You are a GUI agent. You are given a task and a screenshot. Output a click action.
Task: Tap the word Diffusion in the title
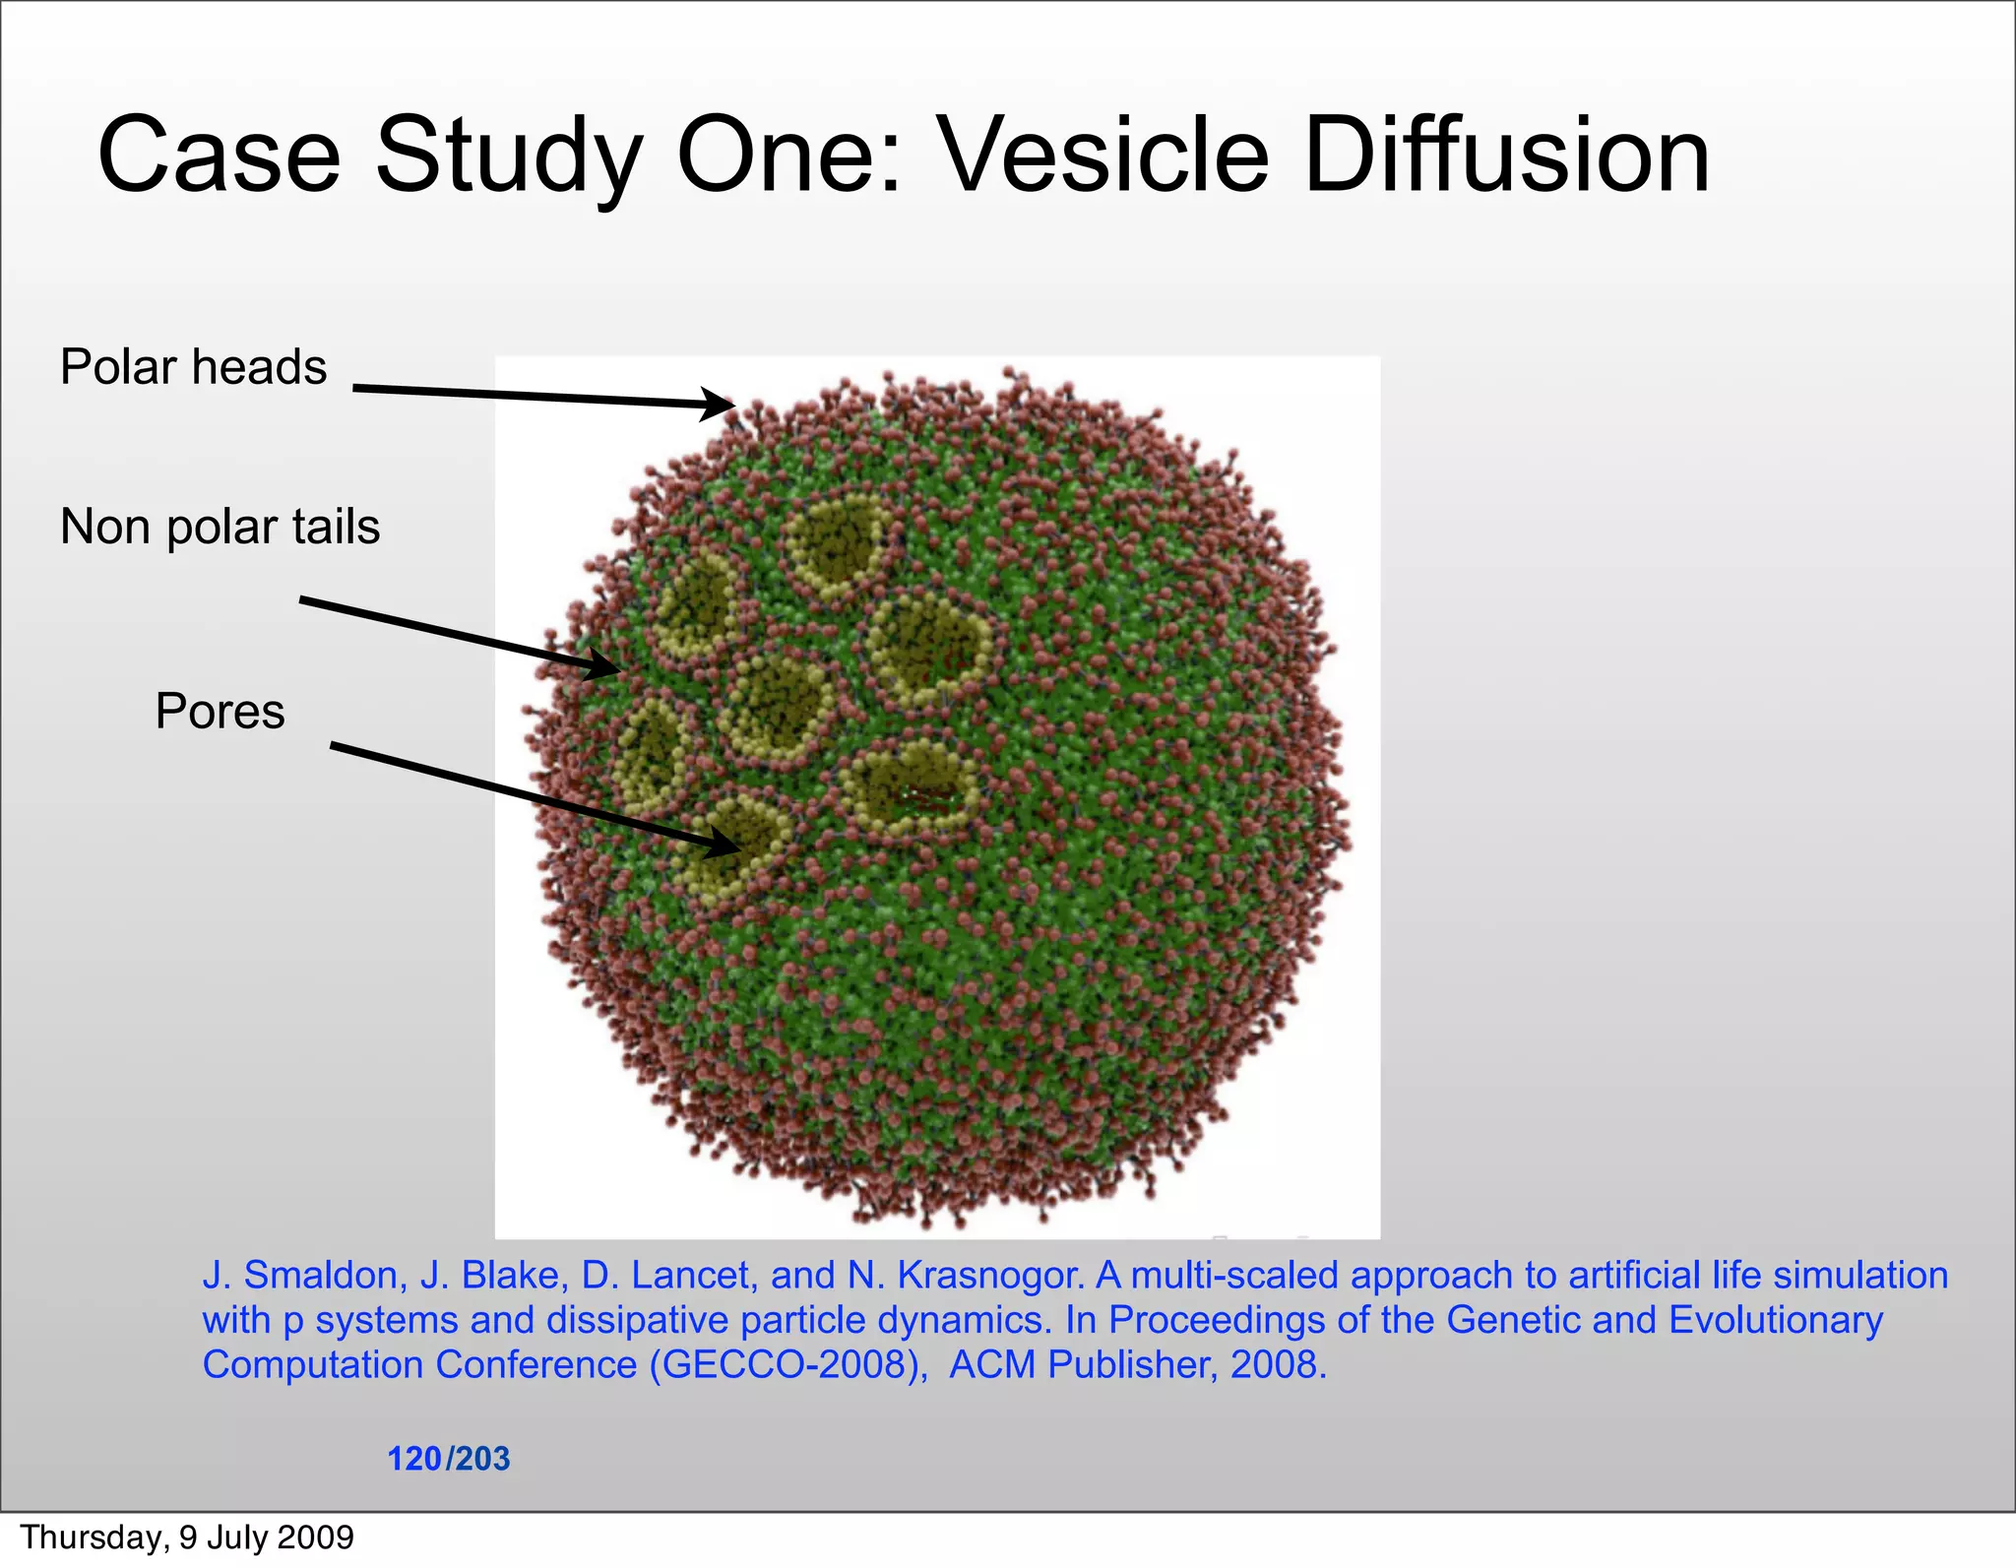click(1506, 156)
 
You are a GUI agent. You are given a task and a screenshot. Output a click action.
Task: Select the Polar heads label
click(193, 367)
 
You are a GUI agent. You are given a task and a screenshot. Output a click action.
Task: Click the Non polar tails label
click(220, 527)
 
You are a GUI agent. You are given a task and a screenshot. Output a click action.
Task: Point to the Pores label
click(220, 711)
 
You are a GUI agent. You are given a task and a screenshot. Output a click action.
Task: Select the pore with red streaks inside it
click(911, 787)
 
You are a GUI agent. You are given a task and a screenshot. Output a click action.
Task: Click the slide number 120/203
click(448, 1458)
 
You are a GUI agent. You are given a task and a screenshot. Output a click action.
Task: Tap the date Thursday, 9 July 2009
click(187, 1537)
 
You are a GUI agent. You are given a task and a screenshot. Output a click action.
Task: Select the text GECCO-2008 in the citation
click(784, 1364)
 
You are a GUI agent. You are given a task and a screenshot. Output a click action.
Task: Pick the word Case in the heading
click(219, 156)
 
